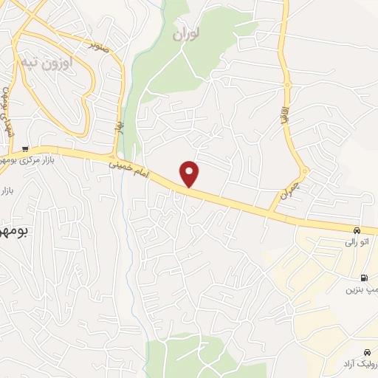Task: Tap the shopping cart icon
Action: click(26, 149)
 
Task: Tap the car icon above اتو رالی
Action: click(357, 230)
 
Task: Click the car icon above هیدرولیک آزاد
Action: click(368, 351)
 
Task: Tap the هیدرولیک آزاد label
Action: click(360, 365)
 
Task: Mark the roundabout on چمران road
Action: click(304, 172)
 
